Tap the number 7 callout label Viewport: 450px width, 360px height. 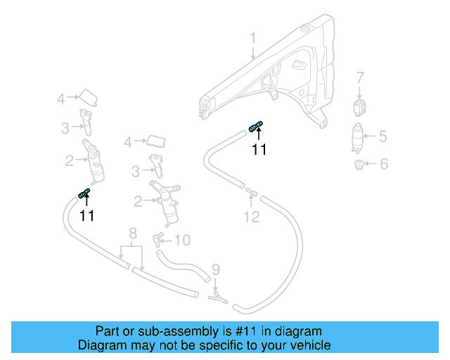pos(360,77)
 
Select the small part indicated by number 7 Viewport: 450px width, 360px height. pos(360,108)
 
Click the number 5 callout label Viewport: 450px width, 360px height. pos(383,136)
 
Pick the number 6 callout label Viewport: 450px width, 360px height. pos(383,165)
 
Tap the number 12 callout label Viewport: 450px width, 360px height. pos(252,217)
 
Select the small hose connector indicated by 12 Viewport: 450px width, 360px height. pos(252,191)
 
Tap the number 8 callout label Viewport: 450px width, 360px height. pos(132,233)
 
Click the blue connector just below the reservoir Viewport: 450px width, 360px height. pos(257,126)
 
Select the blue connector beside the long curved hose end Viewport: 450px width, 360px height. pos(84,193)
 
